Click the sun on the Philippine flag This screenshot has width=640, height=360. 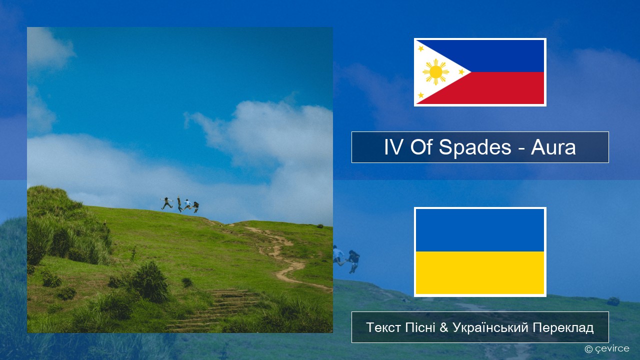(435, 72)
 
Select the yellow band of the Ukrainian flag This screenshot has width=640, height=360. (480, 272)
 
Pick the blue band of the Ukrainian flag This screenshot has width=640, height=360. (480, 230)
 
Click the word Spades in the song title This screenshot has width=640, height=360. (475, 147)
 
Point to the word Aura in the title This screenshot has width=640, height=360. (553, 147)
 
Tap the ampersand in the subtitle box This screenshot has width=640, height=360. (443, 327)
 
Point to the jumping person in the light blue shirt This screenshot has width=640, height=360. (187, 204)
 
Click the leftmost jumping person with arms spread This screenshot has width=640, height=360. (166, 203)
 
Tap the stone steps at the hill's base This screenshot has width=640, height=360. (217, 310)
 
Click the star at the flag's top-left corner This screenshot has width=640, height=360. (420, 48)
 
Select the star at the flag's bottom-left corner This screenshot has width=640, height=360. (420, 95)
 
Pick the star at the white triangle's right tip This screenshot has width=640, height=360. (461, 71)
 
